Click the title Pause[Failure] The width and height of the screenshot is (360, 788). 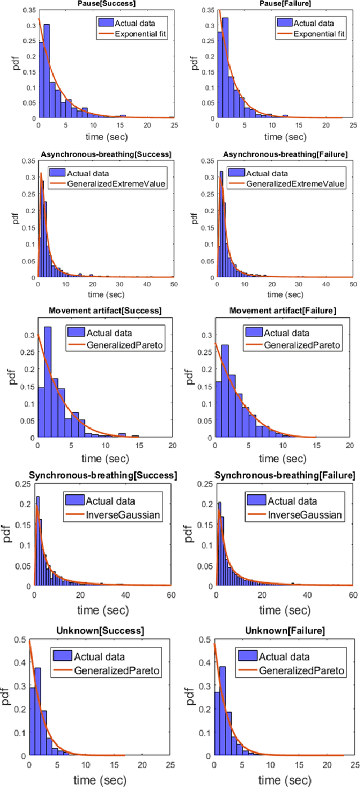point(281,3)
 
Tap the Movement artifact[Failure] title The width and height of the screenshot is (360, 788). point(281,310)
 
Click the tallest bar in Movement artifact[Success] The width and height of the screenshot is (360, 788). point(48,382)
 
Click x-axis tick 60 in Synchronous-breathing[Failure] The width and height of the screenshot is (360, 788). point(352,594)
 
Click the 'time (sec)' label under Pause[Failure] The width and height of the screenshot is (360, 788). point(281,137)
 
